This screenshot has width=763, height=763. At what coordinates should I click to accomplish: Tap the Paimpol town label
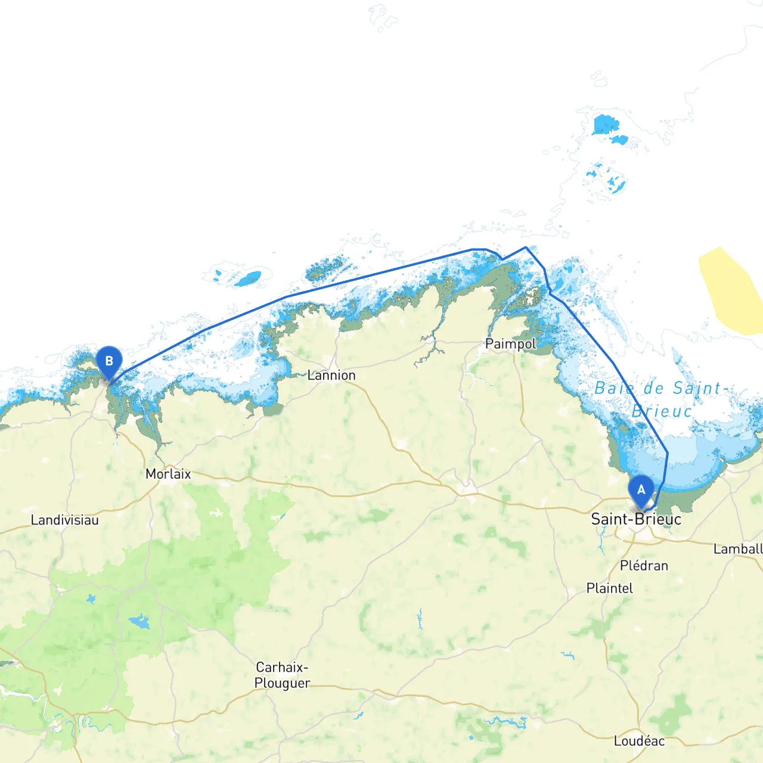coord(510,344)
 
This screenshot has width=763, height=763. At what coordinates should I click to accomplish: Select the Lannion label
coord(331,376)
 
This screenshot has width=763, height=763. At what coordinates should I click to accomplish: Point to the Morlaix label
coord(168,474)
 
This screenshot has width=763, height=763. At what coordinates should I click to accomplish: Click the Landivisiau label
coord(64,520)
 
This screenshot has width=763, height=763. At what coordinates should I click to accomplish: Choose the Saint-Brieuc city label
coord(636,519)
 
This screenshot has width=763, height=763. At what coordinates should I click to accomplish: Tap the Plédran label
coord(644,565)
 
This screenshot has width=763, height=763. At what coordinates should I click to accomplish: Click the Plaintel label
coord(609,588)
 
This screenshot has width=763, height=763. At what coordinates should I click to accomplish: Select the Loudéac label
coord(639,741)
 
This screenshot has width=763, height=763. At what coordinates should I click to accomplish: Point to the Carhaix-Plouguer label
coord(282,675)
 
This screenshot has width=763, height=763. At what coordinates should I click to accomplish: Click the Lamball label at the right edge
coord(738,549)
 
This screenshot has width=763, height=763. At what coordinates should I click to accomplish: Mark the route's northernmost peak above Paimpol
coord(525,247)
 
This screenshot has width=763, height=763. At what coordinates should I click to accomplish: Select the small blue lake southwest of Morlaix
coord(140,622)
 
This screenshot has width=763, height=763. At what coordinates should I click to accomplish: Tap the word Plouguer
coord(282,683)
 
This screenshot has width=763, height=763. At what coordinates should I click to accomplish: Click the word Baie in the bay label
coord(614,389)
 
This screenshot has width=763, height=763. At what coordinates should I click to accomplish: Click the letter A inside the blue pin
coord(641,489)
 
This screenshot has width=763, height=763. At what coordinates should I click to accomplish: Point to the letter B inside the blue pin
coord(109,361)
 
